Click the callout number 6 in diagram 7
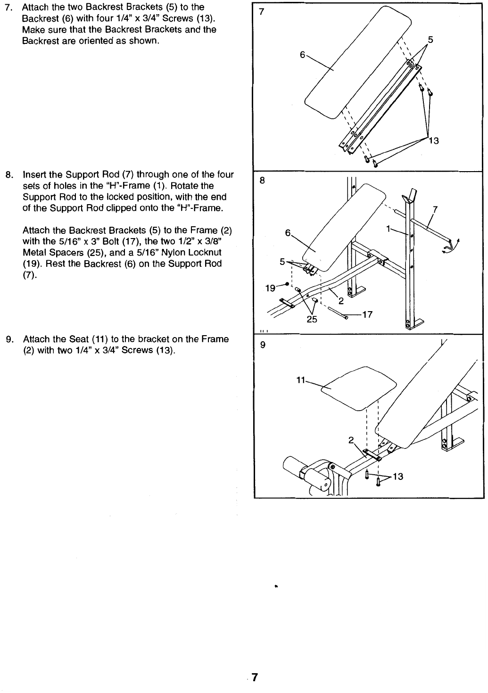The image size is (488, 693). pos(302,55)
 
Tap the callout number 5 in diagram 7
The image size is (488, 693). pos(430,40)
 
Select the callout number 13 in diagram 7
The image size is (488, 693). pos(434,141)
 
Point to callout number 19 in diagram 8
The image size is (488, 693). pos(270,288)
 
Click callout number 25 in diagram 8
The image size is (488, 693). pos(312,319)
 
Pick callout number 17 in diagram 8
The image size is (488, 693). pos(367,314)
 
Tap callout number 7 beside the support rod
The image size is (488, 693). pos(435,210)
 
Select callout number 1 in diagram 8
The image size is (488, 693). pos(388,229)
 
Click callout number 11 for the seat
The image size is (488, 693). pos(301,380)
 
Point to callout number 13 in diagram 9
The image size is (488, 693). pos(398,477)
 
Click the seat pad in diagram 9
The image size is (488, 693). pos(359,388)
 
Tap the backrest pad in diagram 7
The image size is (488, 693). pos(358,62)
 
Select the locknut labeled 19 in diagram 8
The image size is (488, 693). pos(288,284)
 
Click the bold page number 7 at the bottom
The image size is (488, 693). pos(254,677)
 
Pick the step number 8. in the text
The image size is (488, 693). pos(9,175)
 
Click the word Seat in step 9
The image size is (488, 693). pos(79,339)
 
